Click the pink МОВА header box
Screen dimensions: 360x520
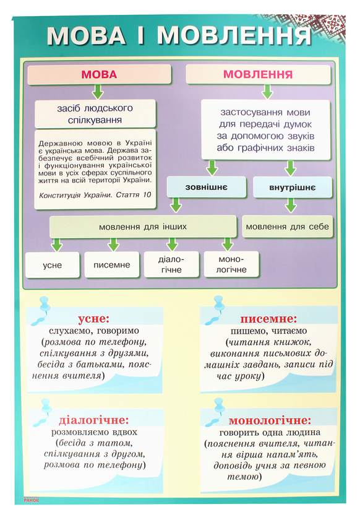coord(99,74)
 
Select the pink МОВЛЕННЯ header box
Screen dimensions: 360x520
coord(258,74)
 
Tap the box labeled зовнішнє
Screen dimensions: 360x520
coord(206,187)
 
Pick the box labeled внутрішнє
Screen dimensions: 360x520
coord(293,187)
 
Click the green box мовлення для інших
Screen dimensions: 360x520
coord(143,227)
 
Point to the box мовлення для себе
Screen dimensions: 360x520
coord(288,227)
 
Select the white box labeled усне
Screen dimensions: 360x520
coord(53,265)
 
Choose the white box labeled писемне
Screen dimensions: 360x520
coord(112,265)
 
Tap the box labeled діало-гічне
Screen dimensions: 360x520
coord(171,264)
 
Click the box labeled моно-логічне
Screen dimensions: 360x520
coord(231,264)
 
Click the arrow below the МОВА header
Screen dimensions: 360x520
coord(98,92)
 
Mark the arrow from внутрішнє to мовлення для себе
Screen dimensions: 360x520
coord(291,206)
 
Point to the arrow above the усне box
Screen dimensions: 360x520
coord(57,245)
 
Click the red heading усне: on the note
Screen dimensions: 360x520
coord(94,318)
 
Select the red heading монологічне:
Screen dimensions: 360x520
coord(270,420)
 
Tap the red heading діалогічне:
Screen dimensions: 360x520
coord(94,420)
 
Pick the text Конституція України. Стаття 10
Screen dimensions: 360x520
coord(95,194)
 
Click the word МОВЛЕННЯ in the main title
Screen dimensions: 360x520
coord(234,35)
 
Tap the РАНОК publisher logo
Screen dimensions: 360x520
coord(31,500)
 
